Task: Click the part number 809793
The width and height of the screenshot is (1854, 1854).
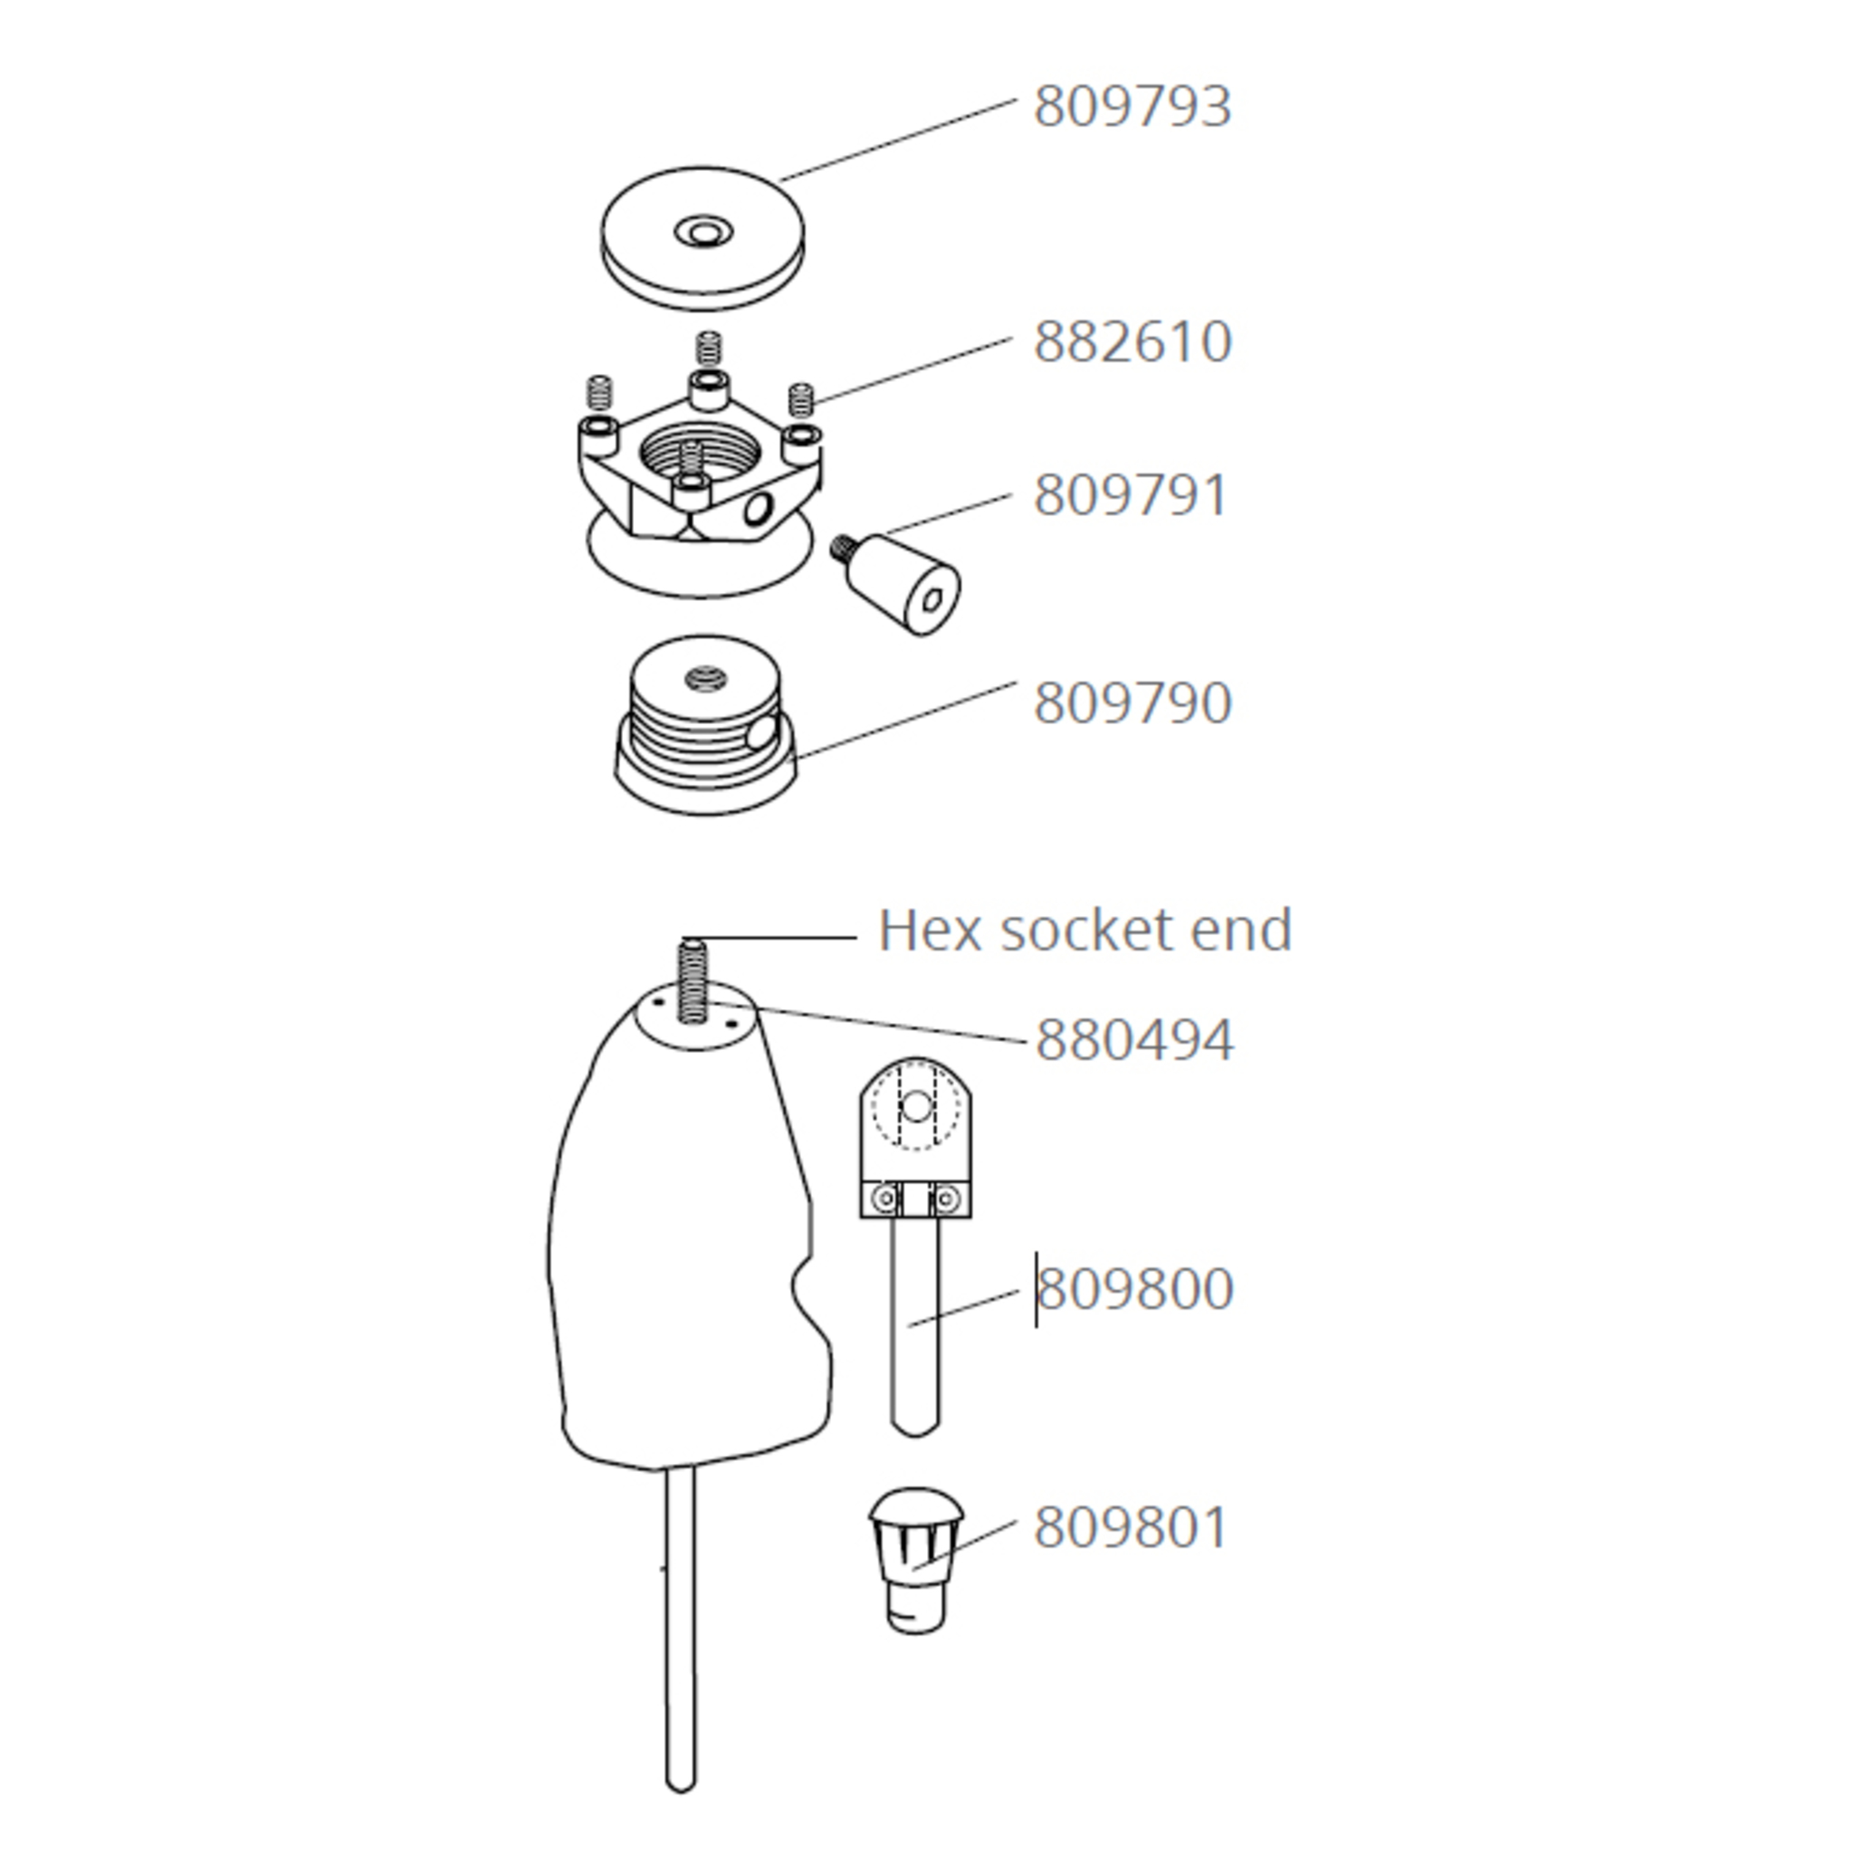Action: click(x=1132, y=107)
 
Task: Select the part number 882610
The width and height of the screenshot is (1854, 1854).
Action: click(x=1132, y=341)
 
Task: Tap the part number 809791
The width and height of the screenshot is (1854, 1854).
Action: click(x=1130, y=496)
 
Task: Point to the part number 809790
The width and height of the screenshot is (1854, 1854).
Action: click(x=1132, y=702)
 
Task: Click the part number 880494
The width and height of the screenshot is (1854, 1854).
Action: click(x=1134, y=1040)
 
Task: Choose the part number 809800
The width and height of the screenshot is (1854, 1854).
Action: click(x=1135, y=1289)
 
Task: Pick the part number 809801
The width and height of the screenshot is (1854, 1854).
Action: click(x=1130, y=1527)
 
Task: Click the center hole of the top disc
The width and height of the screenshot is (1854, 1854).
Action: click(x=703, y=231)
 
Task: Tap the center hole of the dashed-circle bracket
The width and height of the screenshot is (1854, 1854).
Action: click(x=916, y=1107)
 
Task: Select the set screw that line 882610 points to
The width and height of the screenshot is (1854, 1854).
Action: click(x=801, y=399)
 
